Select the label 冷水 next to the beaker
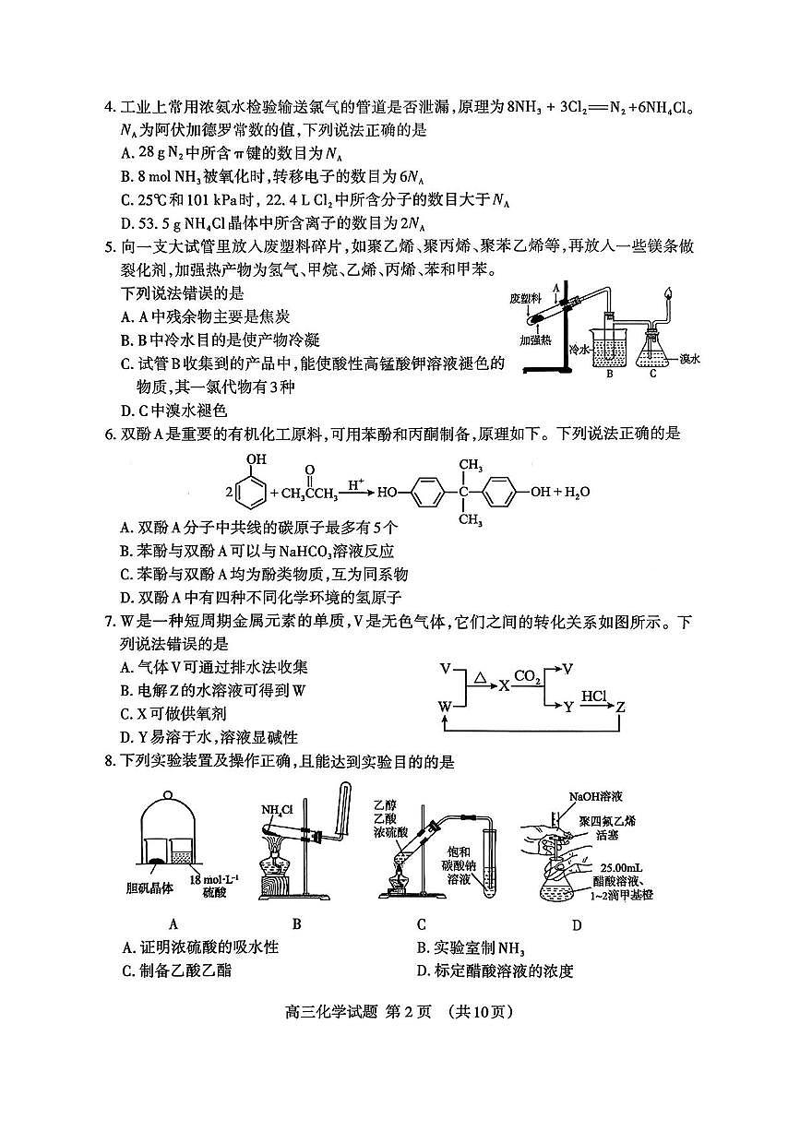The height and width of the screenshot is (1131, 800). pos(579,350)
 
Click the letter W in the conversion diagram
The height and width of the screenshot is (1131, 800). pos(447,707)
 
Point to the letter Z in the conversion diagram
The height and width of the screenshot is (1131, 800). pos(621,707)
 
